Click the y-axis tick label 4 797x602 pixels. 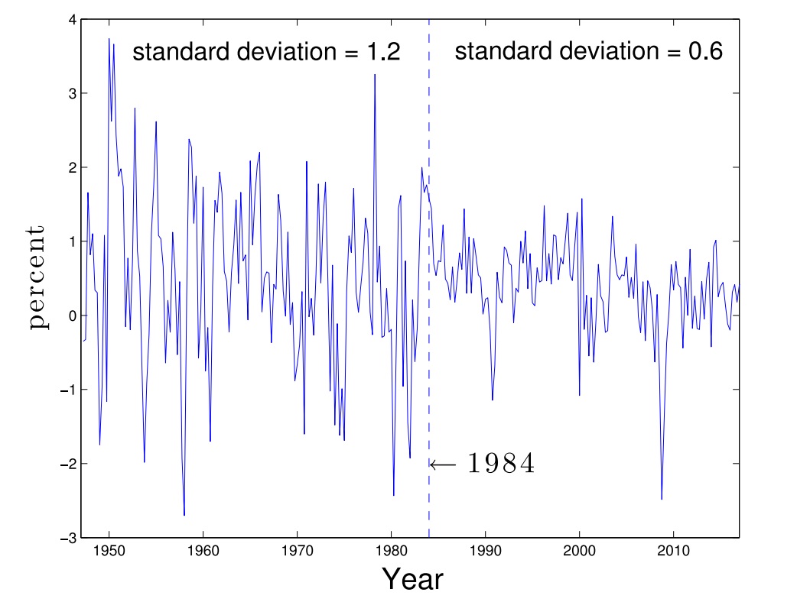70,21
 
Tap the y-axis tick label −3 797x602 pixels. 67,538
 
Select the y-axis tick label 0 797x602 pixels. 70,316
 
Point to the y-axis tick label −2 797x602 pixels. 67,464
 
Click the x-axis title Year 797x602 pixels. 412,580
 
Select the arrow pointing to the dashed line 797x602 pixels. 443,464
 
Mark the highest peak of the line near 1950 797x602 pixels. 109,39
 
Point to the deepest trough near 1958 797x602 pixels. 184,515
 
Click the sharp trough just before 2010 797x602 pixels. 662,499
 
